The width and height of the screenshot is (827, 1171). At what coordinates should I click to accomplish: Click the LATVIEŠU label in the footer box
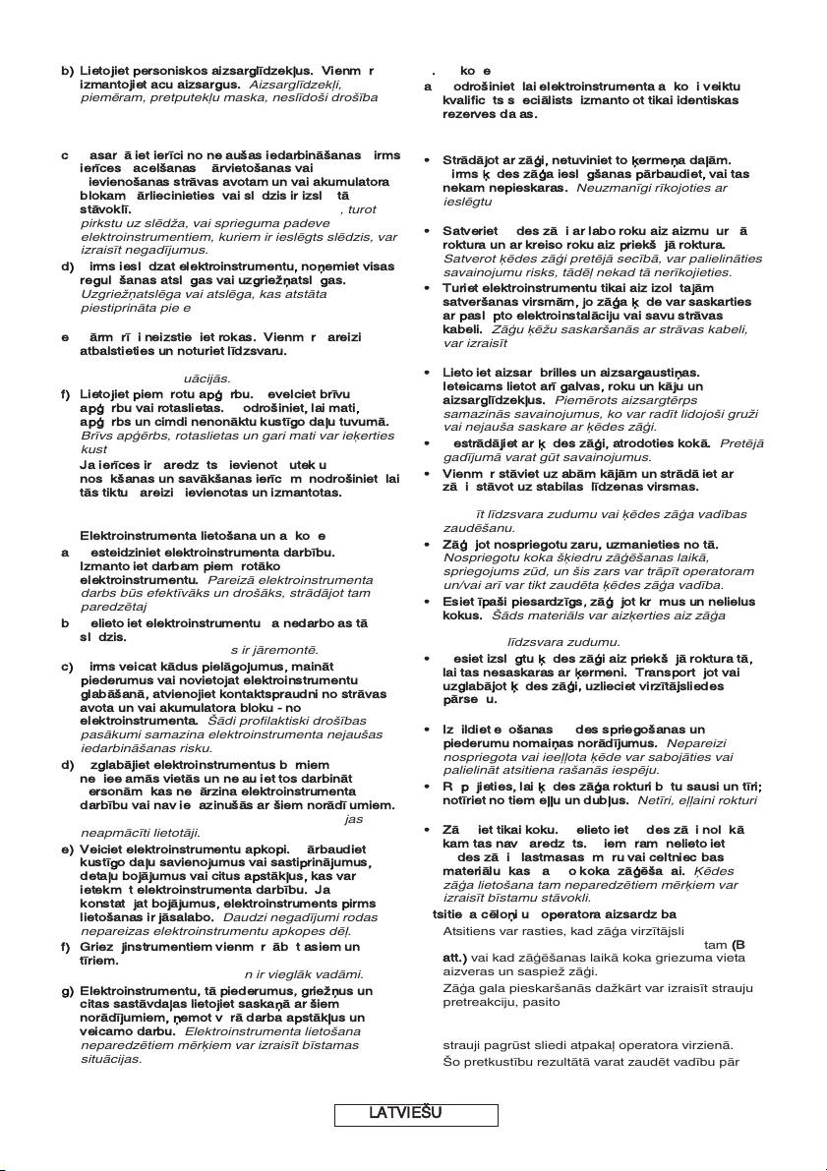click(x=405, y=1113)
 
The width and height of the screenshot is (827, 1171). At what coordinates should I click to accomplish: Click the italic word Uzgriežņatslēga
click(x=125, y=293)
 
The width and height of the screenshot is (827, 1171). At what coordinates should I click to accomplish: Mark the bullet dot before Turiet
click(x=426, y=287)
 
